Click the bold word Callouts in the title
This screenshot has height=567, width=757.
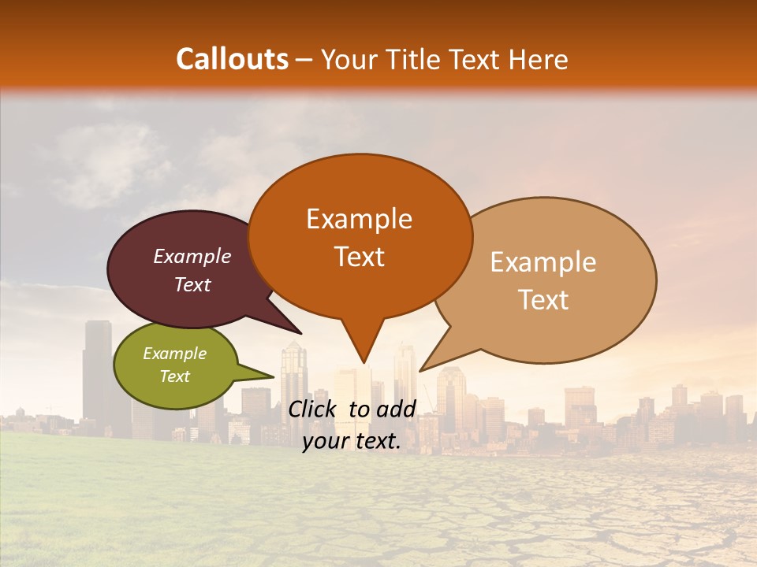click(x=232, y=59)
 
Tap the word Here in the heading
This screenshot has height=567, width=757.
click(x=539, y=59)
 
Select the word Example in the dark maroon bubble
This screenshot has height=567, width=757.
click(x=192, y=256)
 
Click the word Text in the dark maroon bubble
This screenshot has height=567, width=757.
click(x=192, y=284)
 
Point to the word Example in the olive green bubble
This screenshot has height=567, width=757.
click(x=174, y=354)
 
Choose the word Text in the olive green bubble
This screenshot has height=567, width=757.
click(x=174, y=376)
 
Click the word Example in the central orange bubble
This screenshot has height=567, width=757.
click(x=359, y=219)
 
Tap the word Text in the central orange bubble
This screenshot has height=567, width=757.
click(x=359, y=257)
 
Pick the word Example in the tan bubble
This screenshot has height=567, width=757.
click(x=543, y=262)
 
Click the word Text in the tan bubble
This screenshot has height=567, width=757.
click(x=543, y=300)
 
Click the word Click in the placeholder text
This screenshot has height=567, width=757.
click(x=315, y=409)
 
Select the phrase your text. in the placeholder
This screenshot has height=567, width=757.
click(x=352, y=442)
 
